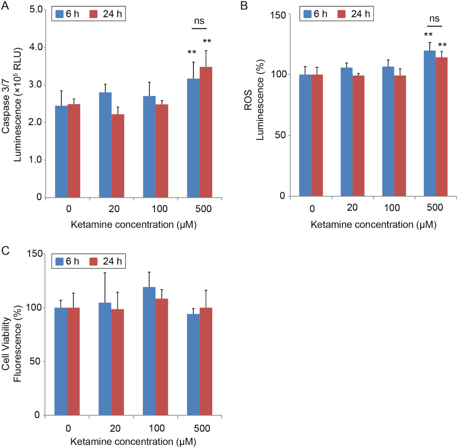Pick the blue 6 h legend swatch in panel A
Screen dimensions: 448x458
click(x=60, y=14)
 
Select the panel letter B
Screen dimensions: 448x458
click(x=244, y=6)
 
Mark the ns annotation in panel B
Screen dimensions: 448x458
click(x=434, y=19)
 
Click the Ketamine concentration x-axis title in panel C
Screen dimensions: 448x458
click(x=133, y=441)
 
